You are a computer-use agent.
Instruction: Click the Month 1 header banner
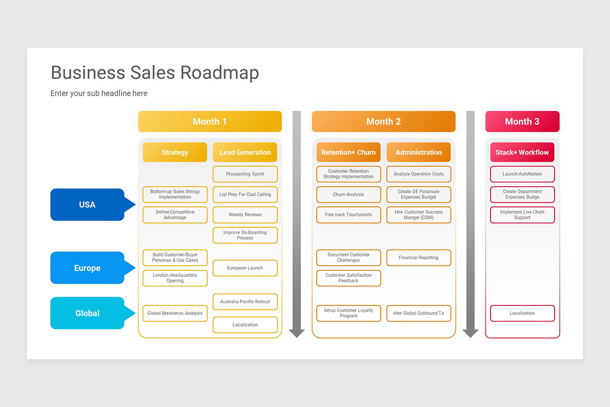pos(209,122)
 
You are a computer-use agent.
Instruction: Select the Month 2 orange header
pos(383,122)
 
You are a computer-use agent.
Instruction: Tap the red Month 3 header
pos(522,122)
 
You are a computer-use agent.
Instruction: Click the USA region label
pos(87,205)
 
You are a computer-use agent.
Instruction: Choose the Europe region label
pos(87,268)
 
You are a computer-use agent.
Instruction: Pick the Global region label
pos(87,313)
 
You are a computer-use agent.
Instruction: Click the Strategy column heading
pos(175,152)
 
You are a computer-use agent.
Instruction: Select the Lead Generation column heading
pos(245,152)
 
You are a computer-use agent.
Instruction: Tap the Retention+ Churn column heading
pos(348,152)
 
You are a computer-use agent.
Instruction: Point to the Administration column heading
pos(418,152)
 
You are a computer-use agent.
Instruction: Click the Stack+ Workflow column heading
pos(522,152)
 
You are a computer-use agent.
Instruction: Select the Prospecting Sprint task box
pos(245,174)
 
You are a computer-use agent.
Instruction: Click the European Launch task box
pos(245,268)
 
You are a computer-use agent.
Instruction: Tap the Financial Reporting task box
pos(418,257)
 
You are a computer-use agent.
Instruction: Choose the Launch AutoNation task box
pos(522,174)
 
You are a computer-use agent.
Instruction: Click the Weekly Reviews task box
pos(245,215)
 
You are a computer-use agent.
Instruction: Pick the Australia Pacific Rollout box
pos(245,302)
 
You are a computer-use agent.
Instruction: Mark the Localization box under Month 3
pos(522,313)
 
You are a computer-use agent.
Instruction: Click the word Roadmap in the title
pos(220,73)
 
